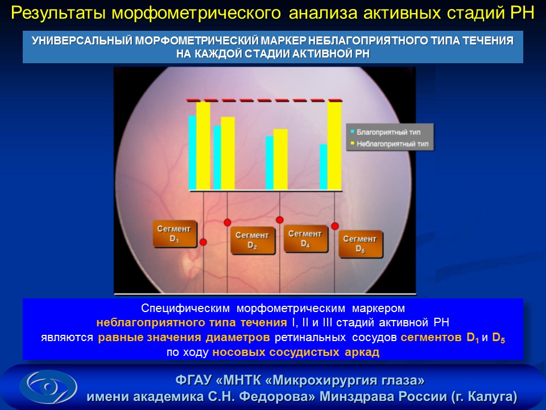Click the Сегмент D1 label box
[175, 233]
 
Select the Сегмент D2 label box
[253, 240]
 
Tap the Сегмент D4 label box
[305, 239]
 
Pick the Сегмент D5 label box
[361, 244]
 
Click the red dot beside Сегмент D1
[204, 242]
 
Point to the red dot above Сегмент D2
[227, 223]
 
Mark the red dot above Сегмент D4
[280, 220]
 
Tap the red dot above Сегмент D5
[335, 226]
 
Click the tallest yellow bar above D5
[334, 146]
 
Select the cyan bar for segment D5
[324, 167]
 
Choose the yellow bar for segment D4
[280, 159]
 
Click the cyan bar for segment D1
[192, 153]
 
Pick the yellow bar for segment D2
[227, 153]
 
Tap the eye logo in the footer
[48, 387]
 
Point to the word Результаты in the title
[59, 13]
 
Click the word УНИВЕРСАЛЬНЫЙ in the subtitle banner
[82, 41]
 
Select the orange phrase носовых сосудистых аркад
[296, 352]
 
